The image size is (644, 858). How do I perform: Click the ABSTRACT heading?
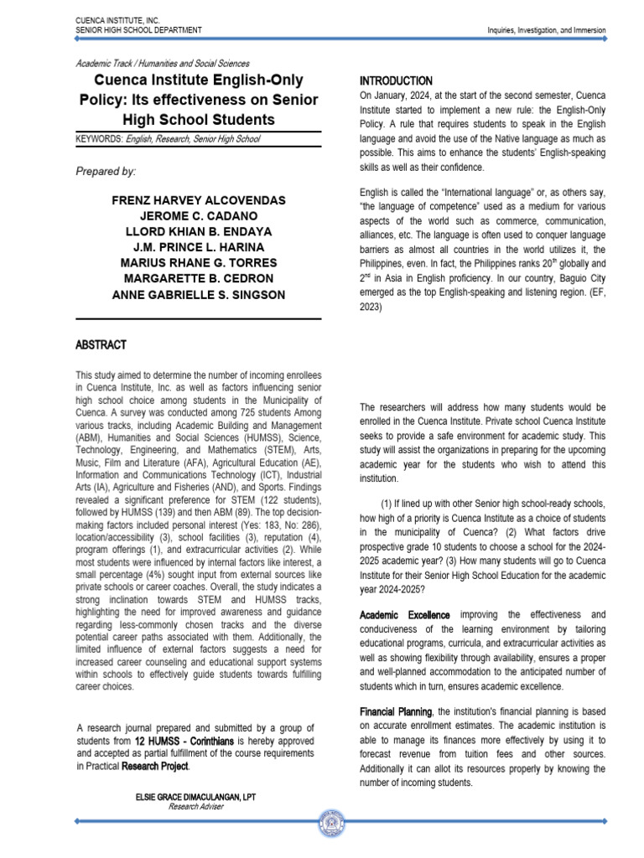click(x=101, y=344)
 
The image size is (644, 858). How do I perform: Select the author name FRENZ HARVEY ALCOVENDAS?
click(x=198, y=201)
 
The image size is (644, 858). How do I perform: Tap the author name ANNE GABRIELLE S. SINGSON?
click(x=198, y=295)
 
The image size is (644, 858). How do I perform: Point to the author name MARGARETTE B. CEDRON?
click(x=198, y=279)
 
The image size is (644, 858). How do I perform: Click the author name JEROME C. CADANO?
click(x=198, y=217)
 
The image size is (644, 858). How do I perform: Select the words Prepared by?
click(x=106, y=171)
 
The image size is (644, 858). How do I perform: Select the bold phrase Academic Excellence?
click(x=404, y=615)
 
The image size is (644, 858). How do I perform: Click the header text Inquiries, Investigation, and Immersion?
click(x=547, y=31)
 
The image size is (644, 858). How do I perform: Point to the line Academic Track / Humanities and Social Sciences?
click(x=162, y=63)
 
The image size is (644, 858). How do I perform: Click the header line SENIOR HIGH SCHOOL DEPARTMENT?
click(x=138, y=30)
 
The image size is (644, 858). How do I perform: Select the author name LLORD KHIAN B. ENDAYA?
click(x=198, y=232)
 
